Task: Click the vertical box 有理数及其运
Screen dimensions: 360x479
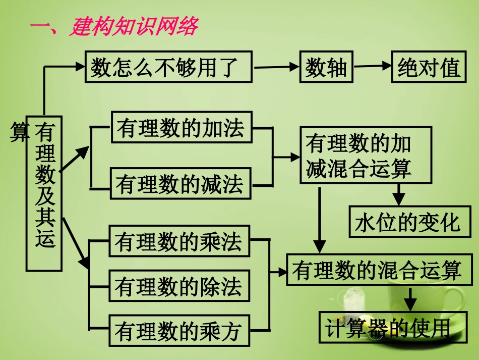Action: click(44, 192)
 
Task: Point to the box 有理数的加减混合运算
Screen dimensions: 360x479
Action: click(366, 157)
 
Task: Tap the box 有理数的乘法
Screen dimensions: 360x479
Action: click(179, 242)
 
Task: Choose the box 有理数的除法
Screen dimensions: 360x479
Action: click(179, 286)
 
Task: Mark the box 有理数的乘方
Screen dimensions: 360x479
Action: click(179, 331)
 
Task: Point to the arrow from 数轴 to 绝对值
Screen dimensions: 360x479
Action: click(373, 66)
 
